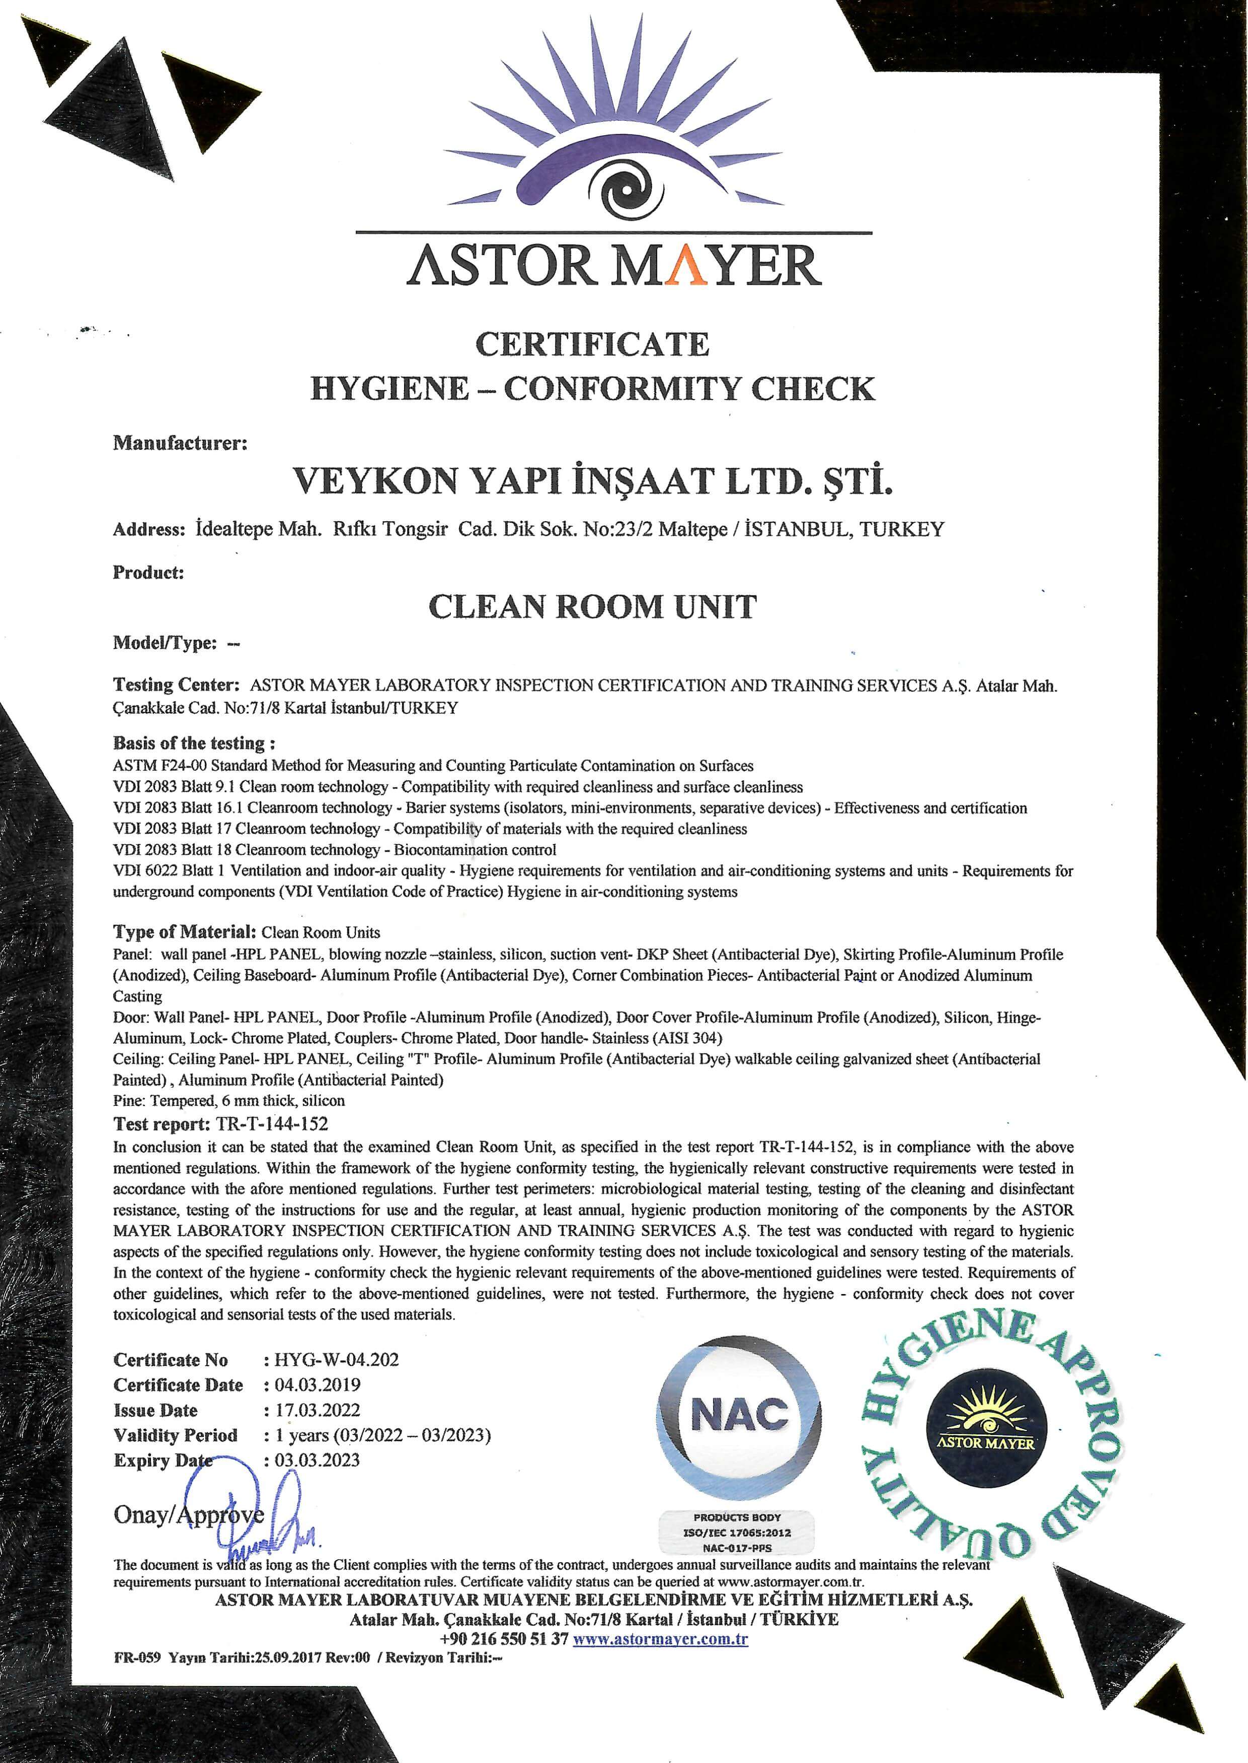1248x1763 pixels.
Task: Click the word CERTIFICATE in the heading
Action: [592, 344]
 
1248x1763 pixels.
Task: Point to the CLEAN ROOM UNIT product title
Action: [592, 607]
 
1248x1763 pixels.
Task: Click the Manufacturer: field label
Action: [180, 443]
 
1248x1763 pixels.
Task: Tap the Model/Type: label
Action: [165, 643]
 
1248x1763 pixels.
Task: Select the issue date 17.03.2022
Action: [318, 1410]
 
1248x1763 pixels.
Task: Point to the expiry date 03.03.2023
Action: [318, 1460]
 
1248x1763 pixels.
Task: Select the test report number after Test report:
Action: [272, 1124]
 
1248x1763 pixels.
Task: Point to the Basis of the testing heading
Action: [194, 743]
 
